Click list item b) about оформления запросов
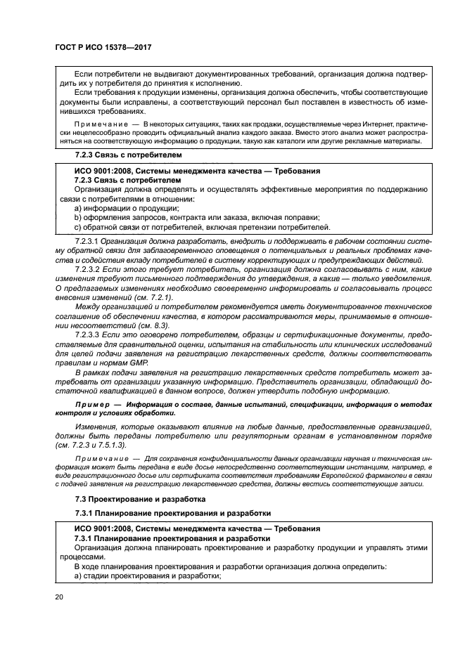click(x=197, y=217)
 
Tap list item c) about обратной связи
click(x=202, y=226)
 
